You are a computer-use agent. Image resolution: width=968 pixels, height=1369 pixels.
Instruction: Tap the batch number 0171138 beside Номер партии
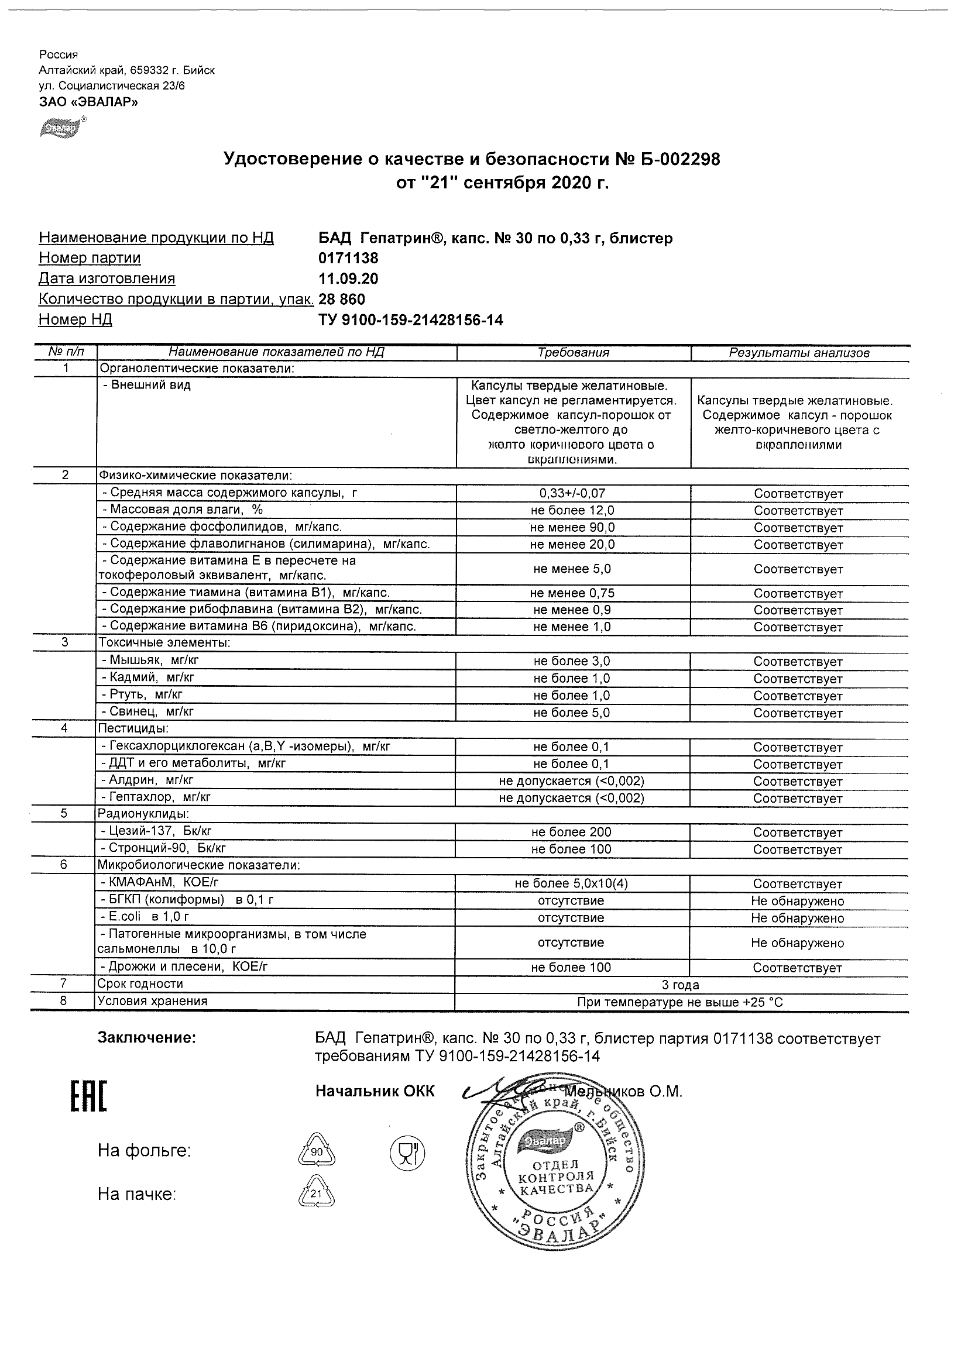tap(349, 258)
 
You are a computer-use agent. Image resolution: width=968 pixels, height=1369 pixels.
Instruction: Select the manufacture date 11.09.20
tap(349, 279)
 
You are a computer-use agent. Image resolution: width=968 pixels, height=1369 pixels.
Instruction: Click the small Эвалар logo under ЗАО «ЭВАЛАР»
tap(62, 127)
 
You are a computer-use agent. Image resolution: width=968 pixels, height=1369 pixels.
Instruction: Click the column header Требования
tap(573, 353)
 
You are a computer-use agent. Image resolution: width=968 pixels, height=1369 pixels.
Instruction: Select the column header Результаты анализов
tap(799, 353)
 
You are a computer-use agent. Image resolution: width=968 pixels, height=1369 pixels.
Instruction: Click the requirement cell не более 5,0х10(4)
tap(571, 883)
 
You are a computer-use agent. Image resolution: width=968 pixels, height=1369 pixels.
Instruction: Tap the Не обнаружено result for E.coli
tap(798, 919)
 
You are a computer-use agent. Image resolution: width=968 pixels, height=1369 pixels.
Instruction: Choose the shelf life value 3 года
tap(681, 985)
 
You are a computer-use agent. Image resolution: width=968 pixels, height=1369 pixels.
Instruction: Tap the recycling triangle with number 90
tap(316, 1151)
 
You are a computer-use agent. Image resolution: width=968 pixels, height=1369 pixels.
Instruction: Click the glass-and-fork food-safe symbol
tap(407, 1151)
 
